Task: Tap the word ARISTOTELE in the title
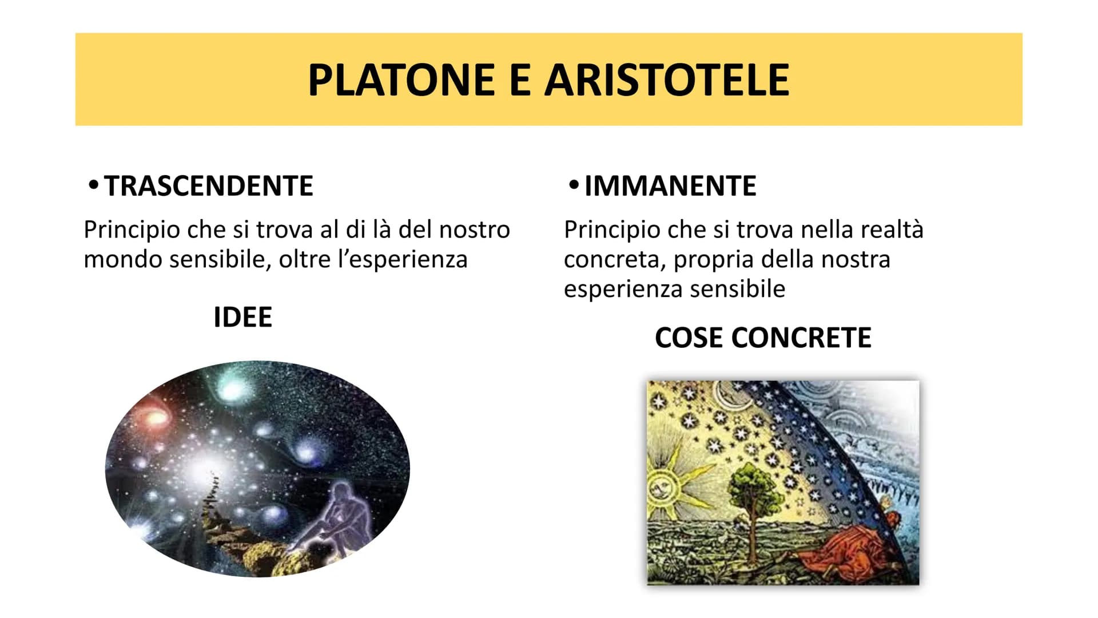pos(667,80)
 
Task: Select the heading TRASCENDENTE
pos(209,186)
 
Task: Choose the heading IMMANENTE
pos(670,186)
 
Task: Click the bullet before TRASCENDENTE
pos(94,185)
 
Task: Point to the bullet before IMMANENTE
pos(574,185)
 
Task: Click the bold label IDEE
pos(242,317)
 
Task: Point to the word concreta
pos(615,260)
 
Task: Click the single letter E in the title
pos(519,80)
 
